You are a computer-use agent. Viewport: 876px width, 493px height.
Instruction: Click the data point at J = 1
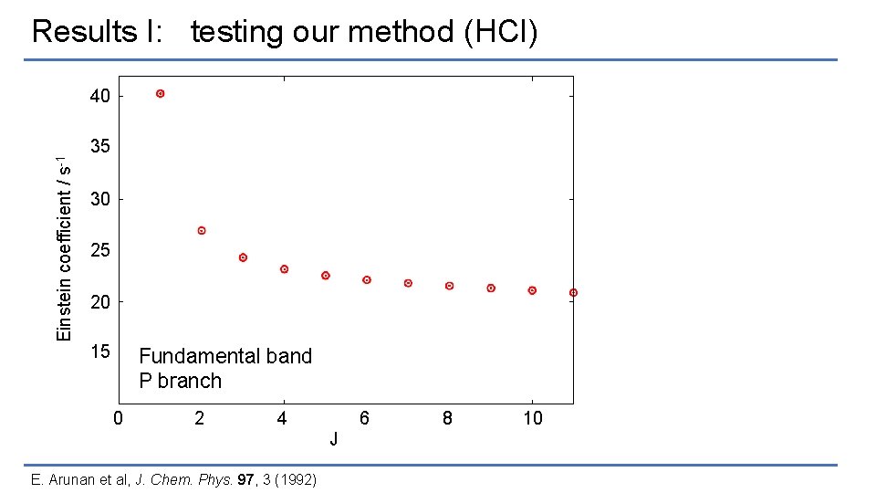(x=161, y=94)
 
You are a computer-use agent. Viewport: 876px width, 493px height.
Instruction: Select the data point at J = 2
(x=202, y=231)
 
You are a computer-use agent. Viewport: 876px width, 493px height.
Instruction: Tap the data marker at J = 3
(x=243, y=257)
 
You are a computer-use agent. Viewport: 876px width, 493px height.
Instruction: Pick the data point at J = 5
(x=326, y=275)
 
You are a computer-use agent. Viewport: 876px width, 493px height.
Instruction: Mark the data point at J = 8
(x=450, y=286)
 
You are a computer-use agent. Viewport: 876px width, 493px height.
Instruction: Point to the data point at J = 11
(x=573, y=292)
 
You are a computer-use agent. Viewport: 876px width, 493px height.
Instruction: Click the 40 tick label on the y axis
(x=100, y=96)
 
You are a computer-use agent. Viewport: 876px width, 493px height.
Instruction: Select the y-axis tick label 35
(x=100, y=147)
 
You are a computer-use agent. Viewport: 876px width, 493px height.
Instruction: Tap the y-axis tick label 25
(x=100, y=250)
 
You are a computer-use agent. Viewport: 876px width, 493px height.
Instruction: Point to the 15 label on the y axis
(x=100, y=352)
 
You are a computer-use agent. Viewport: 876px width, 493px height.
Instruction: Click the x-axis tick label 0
(x=118, y=418)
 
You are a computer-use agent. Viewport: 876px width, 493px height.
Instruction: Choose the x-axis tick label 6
(x=365, y=418)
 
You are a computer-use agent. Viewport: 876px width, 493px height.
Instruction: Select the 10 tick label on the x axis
(x=532, y=418)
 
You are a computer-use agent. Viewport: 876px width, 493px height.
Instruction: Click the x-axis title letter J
(x=334, y=440)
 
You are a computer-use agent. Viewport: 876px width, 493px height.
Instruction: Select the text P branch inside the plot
(x=180, y=381)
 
